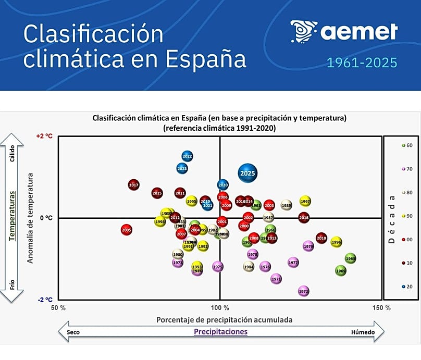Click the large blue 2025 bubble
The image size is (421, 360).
point(248,173)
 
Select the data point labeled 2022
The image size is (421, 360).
point(188,156)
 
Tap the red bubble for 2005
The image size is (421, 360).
point(126,230)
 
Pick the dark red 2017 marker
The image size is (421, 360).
point(134,185)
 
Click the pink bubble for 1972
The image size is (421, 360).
point(304,291)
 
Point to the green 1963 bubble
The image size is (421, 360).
point(350,258)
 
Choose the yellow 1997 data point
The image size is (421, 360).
point(305,202)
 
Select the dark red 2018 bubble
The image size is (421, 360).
point(304,217)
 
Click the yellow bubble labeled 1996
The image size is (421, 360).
point(336,242)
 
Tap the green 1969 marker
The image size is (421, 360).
point(341,270)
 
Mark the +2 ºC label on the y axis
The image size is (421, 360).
point(44,136)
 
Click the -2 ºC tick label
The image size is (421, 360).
point(44,300)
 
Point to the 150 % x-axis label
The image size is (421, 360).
point(382,307)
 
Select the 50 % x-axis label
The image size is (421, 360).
point(58,307)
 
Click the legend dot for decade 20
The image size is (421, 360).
point(404,287)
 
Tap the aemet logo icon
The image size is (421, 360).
point(303,31)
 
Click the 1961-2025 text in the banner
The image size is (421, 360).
point(362,63)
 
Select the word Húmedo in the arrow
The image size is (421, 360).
point(362,331)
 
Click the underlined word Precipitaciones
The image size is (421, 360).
point(220,331)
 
